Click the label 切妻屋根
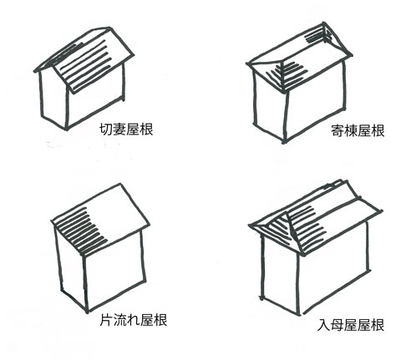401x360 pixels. (x=126, y=129)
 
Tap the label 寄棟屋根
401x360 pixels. (x=358, y=130)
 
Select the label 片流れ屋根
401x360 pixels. (x=134, y=320)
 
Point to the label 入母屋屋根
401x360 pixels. (x=351, y=325)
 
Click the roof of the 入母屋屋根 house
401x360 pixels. (x=315, y=217)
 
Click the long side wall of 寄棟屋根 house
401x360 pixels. (x=315, y=102)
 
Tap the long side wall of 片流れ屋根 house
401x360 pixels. (x=114, y=269)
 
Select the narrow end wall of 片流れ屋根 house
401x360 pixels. (x=71, y=267)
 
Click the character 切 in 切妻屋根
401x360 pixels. (x=106, y=129)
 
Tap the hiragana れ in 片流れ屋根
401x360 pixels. (x=133, y=320)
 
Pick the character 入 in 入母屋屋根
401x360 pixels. (x=324, y=325)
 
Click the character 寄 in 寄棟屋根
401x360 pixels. (x=338, y=130)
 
